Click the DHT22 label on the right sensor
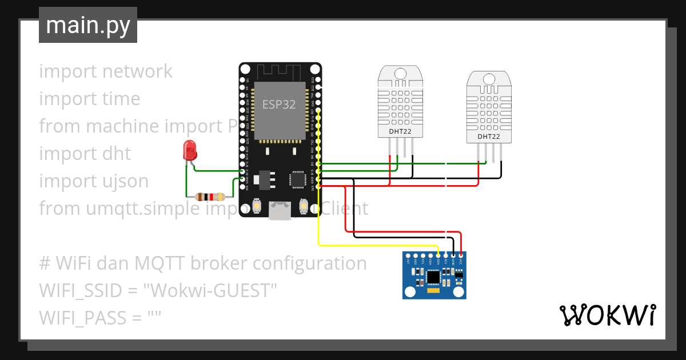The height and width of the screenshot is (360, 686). [x=488, y=137]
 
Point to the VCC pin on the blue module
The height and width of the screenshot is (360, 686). [x=461, y=255]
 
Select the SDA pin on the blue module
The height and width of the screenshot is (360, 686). [x=438, y=255]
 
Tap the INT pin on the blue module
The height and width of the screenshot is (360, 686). [x=408, y=255]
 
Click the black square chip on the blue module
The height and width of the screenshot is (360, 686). [x=434, y=277]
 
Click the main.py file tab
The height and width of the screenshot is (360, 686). [x=88, y=25]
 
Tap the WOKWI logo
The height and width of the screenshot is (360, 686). [x=607, y=315]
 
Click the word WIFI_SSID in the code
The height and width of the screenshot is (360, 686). [x=80, y=291]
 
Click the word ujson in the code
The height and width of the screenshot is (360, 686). [x=125, y=181]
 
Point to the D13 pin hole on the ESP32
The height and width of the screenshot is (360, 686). [x=243, y=171]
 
